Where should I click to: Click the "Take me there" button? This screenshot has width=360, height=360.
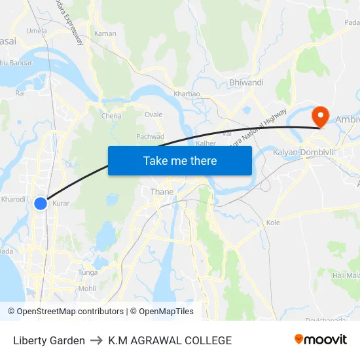pos(180,160)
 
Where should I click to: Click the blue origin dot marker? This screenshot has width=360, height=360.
pos(41,204)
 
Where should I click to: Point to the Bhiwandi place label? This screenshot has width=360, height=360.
pos(247,82)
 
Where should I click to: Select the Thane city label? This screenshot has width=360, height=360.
pos(162,192)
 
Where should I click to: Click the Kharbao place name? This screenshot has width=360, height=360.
pos(187,94)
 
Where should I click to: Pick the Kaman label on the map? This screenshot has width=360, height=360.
pos(105,34)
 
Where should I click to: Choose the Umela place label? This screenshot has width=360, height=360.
pos(36,31)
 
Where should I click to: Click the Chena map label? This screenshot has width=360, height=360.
pos(111,116)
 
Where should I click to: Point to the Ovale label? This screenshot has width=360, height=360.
pos(153,115)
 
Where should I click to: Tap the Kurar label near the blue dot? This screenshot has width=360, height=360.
pos(61,204)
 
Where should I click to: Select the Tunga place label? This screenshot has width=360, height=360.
pos(88,272)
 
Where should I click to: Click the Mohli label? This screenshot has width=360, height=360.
pos(87,289)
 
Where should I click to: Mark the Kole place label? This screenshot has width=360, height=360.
pos(273,223)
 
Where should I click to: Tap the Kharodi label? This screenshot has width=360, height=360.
pos(13,199)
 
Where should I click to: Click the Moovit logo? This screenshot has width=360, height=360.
pos(321,340)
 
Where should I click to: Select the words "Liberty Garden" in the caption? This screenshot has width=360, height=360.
pos(49,340)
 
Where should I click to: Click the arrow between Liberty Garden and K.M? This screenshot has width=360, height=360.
pos(97,340)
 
